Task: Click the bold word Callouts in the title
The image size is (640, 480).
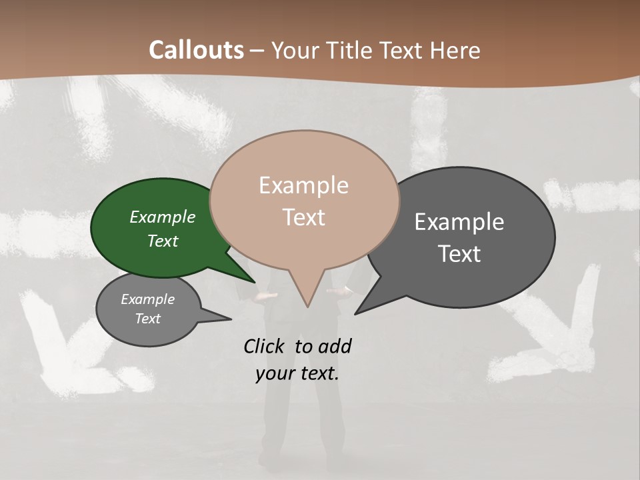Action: click(x=196, y=50)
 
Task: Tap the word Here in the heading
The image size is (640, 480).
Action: click(x=454, y=50)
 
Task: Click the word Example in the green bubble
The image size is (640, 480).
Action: click(x=162, y=217)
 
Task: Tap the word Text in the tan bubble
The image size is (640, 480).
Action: click(x=304, y=217)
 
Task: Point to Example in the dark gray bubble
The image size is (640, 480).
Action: click(x=459, y=221)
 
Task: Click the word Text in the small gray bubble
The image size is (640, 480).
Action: click(x=148, y=319)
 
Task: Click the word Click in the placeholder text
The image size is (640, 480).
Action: click(x=265, y=346)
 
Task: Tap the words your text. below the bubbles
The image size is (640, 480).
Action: click(x=297, y=373)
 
